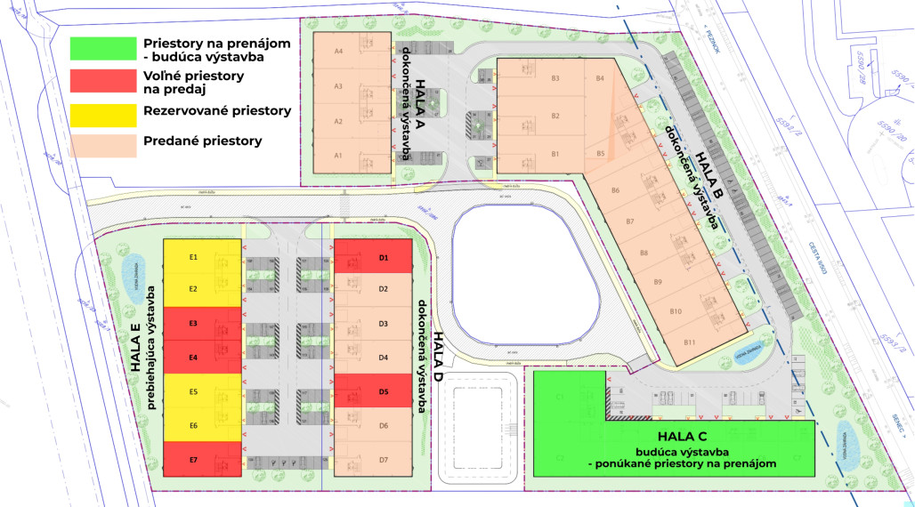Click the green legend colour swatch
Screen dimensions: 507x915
pyautogui.click(x=101, y=48)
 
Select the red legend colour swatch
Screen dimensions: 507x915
pyautogui.click(x=101, y=81)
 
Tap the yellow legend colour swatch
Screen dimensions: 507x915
pyautogui.click(x=101, y=112)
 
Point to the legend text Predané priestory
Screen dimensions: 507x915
pyautogui.click(x=202, y=141)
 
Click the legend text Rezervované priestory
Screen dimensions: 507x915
pyautogui.click(x=217, y=111)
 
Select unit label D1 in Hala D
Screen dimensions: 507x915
pyautogui.click(x=385, y=258)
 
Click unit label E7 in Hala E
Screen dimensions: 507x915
pyautogui.click(x=193, y=459)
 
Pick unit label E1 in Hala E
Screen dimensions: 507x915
pyautogui.click(x=193, y=257)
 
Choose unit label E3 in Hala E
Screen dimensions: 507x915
pyautogui.click(x=193, y=323)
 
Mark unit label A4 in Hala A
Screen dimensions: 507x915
pyautogui.click(x=338, y=52)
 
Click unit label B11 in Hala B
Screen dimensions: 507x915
pyautogui.click(x=689, y=342)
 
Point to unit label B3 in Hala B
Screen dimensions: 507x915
pyautogui.click(x=555, y=79)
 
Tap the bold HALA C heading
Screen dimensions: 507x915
pyautogui.click(x=682, y=437)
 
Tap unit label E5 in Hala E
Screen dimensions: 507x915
pyautogui.click(x=193, y=392)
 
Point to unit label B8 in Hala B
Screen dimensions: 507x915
pyautogui.click(x=644, y=253)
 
